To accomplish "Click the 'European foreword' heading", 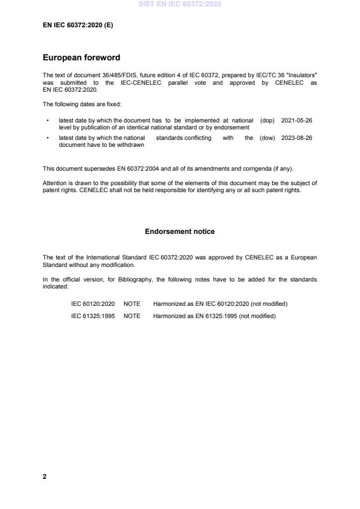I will coord(81,57).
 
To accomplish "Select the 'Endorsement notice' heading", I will coord(179,232).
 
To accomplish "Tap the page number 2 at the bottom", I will coord(45,476).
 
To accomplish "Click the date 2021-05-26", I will coord(297,121).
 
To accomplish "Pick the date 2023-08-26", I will coord(297,138).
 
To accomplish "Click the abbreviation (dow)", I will coord(267,138).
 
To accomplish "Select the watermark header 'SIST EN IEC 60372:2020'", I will coord(179,5).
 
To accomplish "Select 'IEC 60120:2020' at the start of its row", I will coord(92,304).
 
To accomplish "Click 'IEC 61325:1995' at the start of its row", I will coord(92,316).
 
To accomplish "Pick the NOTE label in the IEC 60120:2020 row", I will coord(132,304).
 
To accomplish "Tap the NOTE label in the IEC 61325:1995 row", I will coord(132,316).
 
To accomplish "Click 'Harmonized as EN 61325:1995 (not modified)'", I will coord(214,316).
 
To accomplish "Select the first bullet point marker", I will coord(47,121).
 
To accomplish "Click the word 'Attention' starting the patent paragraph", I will coord(54,183).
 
